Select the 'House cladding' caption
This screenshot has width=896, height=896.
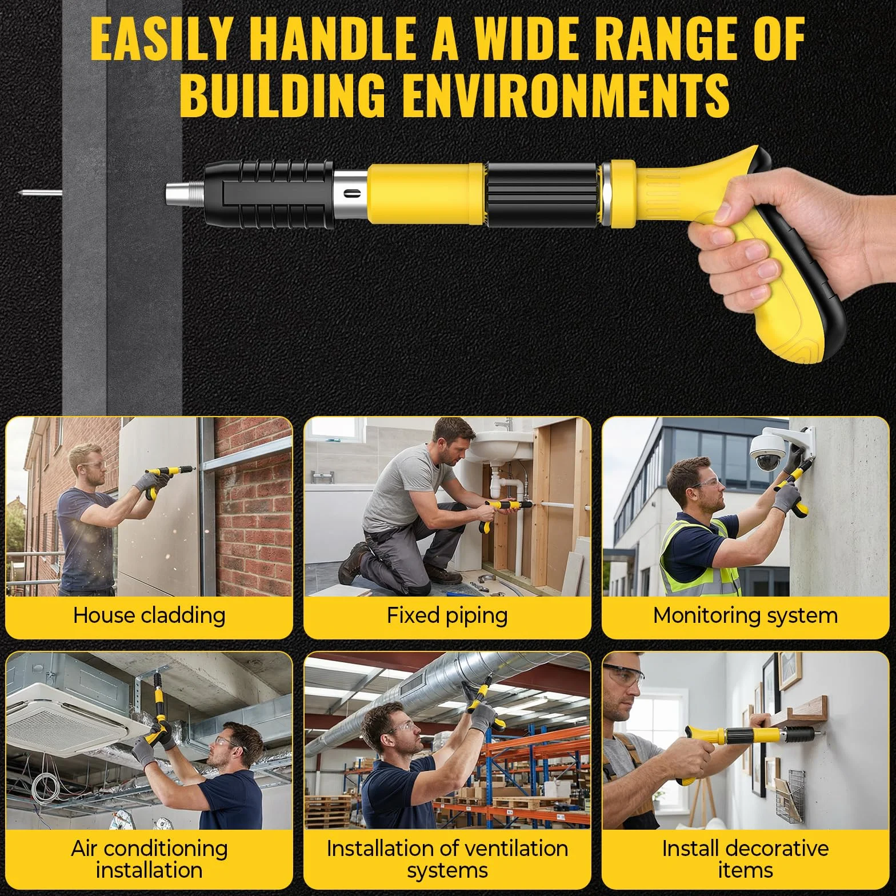point(149,615)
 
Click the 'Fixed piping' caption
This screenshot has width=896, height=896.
point(447,615)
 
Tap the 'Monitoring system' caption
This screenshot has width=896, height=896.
point(745,615)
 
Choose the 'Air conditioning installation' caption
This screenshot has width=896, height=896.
point(149,859)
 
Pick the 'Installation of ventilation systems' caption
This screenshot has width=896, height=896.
point(447,859)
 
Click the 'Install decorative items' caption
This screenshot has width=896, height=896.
point(745,859)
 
